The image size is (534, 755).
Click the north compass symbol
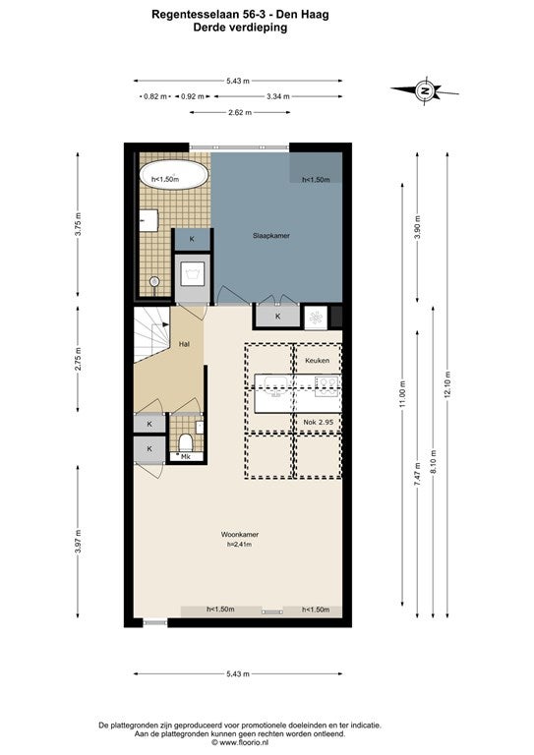(x=424, y=90)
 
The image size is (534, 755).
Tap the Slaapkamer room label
(x=271, y=236)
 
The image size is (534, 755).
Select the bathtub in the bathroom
(x=174, y=175)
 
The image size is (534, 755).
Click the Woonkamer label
(x=240, y=535)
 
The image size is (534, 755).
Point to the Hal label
(x=184, y=344)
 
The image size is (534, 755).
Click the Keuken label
(x=318, y=360)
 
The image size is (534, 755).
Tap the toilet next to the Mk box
(x=186, y=441)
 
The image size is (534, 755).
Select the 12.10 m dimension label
(x=447, y=384)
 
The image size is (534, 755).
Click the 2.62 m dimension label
(x=240, y=113)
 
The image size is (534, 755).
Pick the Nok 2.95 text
(x=319, y=422)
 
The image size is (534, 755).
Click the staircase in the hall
(x=152, y=334)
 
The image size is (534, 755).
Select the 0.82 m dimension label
(x=155, y=96)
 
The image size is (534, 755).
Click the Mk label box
(x=186, y=456)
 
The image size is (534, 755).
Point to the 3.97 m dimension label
(x=78, y=542)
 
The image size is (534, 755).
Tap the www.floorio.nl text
(x=241, y=743)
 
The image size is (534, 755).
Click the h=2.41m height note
(x=240, y=545)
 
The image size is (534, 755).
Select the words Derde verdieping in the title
(x=240, y=28)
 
